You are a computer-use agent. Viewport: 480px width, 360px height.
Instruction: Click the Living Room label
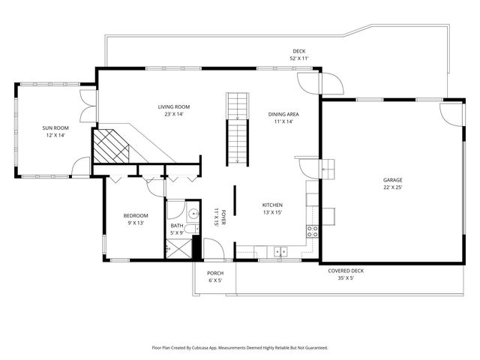pos(174,106)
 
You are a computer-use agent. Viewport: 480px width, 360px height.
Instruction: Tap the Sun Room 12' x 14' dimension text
pos(55,135)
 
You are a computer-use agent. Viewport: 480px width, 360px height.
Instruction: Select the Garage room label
pos(393,180)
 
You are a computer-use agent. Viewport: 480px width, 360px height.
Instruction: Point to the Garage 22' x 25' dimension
pos(393,187)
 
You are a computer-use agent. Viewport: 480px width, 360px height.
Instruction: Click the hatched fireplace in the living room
pos(110,146)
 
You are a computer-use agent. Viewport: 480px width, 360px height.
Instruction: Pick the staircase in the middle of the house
pos(237,129)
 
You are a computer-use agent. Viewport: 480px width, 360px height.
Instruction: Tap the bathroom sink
pos(193,213)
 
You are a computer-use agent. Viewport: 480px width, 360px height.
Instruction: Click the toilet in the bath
pos(193,229)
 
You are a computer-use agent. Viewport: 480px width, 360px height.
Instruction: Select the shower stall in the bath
pos(178,248)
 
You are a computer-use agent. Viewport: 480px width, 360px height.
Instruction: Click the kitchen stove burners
pos(312,231)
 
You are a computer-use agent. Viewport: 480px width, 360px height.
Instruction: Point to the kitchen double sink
pos(280,252)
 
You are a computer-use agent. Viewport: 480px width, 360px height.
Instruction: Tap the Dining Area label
pos(283,114)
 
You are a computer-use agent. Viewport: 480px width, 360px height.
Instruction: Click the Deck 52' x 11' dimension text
pos(299,58)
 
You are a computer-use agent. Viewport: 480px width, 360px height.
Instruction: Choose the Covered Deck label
pos(346,271)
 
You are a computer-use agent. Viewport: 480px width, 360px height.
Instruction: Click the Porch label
pos(215,273)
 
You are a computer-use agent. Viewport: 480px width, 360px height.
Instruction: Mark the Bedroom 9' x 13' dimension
pos(136,223)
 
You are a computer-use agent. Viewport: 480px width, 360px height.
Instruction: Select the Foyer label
pos(223,217)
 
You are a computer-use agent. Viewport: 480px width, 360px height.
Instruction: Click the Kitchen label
pos(272,205)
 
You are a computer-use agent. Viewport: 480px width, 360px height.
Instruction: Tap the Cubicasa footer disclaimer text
pos(240,348)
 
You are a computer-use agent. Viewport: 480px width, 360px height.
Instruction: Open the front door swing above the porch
pos(214,248)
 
